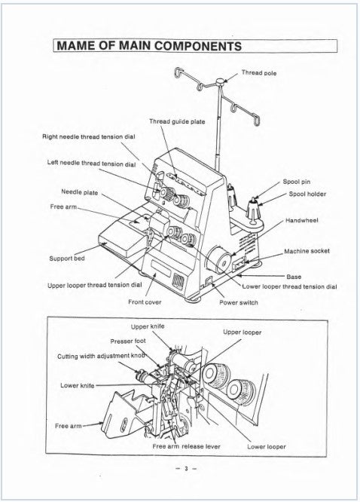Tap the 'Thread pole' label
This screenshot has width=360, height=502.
coord(258,73)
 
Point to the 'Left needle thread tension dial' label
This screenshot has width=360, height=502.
coord(91,164)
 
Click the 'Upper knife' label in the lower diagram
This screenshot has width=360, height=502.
coord(148,326)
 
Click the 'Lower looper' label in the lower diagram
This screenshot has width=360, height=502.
coord(266,446)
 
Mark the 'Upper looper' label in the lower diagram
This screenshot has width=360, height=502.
coord(242,332)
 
